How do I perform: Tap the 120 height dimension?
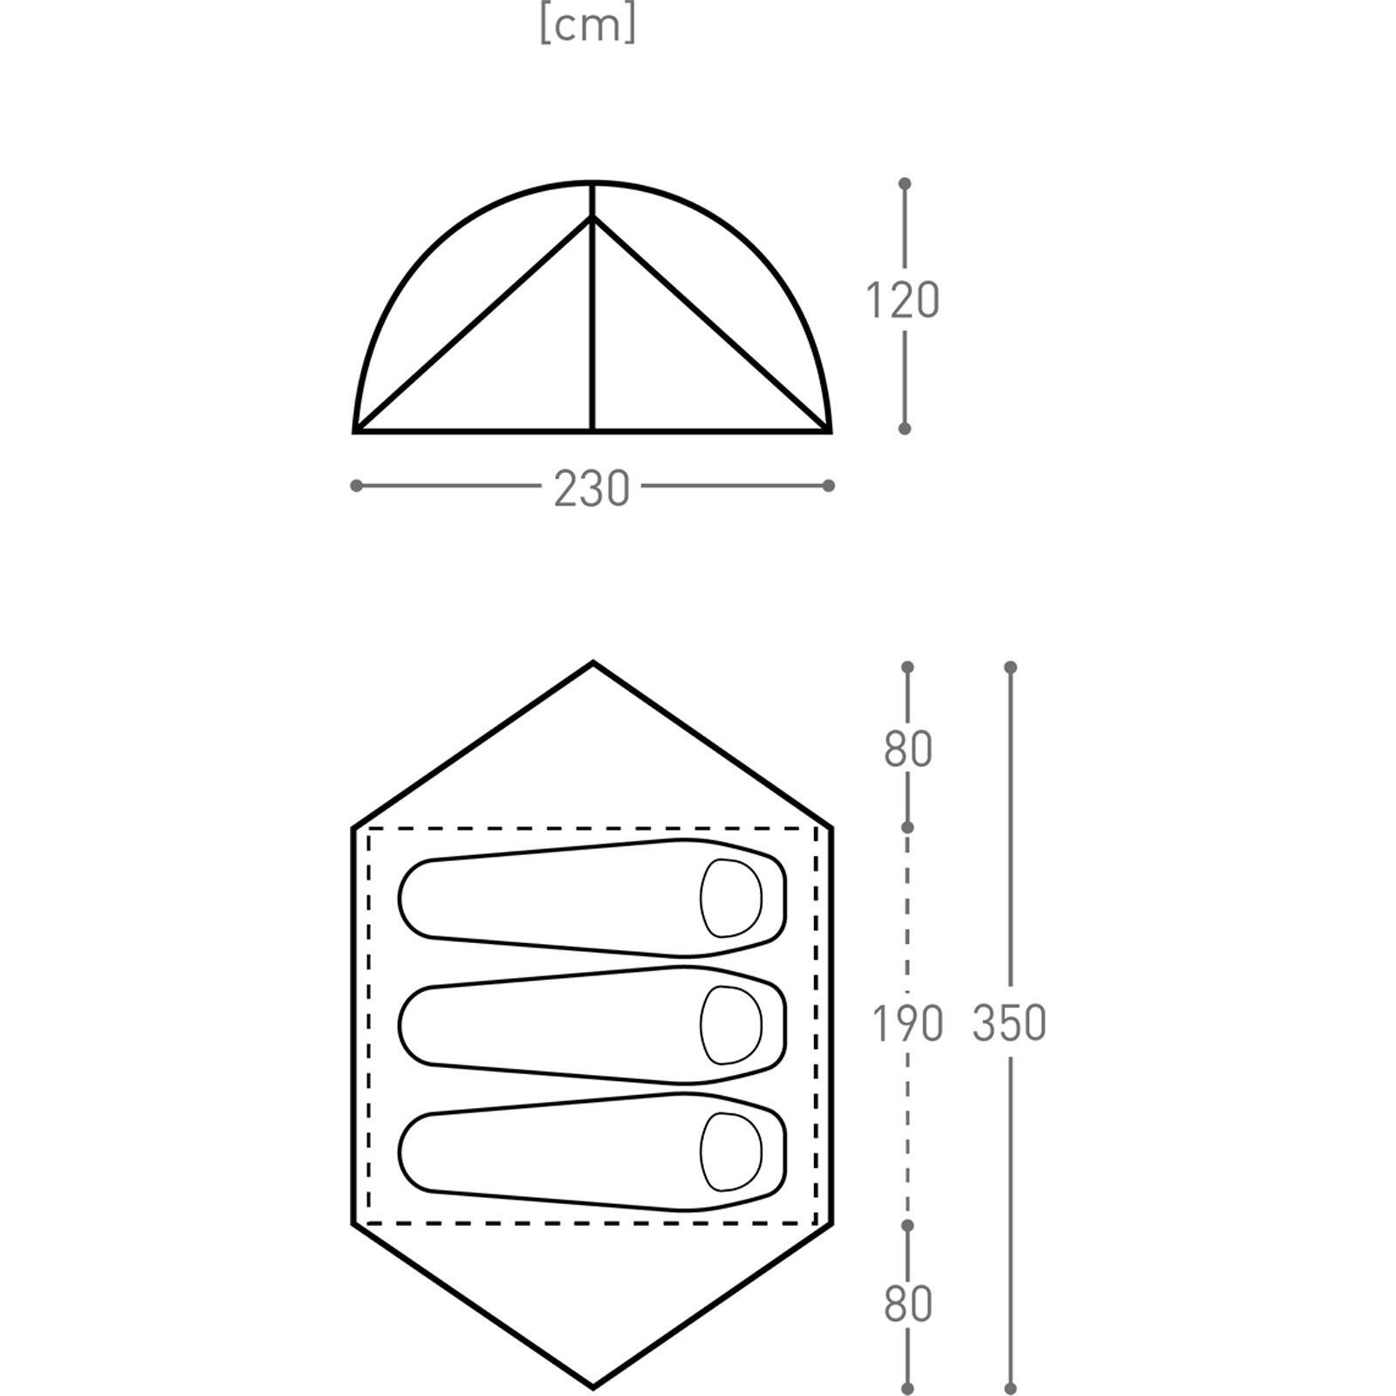[902, 300]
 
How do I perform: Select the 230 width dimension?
[592, 488]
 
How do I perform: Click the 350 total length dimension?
[1009, 1023]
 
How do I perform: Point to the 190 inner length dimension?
[907, 1023]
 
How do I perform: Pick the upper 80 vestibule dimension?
[907, 749]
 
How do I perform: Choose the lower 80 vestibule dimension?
[907, 1304]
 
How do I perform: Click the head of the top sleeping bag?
[731, 898]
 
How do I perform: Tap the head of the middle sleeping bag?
[731, 1025]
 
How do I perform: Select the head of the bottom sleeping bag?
[731, 1152]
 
